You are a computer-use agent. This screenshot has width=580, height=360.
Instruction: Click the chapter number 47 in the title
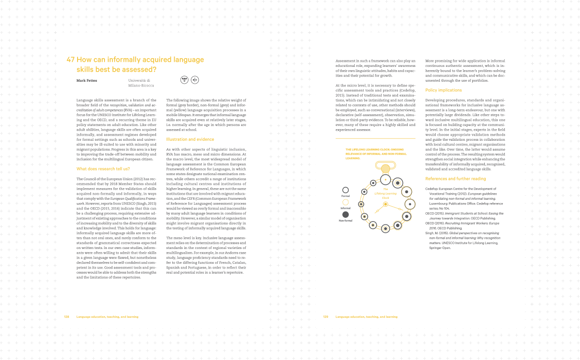pos(70,60)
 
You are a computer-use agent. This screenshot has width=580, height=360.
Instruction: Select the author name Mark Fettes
pos(86,80)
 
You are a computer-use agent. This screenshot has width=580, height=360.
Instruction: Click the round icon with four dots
pos(184,80)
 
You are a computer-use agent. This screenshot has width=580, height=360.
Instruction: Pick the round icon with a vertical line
pos(195,80)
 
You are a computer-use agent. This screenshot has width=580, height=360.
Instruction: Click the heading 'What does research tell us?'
pos(103,169)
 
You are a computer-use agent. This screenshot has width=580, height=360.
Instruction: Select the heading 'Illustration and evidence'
pos(190,139)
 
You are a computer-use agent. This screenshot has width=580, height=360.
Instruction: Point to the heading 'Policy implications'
pos(443,90)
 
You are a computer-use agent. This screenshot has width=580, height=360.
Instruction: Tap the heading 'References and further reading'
pos(456,179)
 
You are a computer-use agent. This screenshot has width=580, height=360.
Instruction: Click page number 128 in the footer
pos(66,317)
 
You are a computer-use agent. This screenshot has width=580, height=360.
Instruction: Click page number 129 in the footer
pos(326,317)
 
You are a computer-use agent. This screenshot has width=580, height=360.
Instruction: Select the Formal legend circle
pos(345,190)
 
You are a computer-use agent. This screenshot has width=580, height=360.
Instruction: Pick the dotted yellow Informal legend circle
pos(345,202)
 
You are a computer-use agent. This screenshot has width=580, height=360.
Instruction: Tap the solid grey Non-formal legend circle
pos(345,214)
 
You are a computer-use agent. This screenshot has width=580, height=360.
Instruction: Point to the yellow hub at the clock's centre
pos(385,204)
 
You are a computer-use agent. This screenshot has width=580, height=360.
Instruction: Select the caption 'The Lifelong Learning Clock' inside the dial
pos(385,193)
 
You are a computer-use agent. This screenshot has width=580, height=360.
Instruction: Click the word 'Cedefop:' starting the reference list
pos(432,189)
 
